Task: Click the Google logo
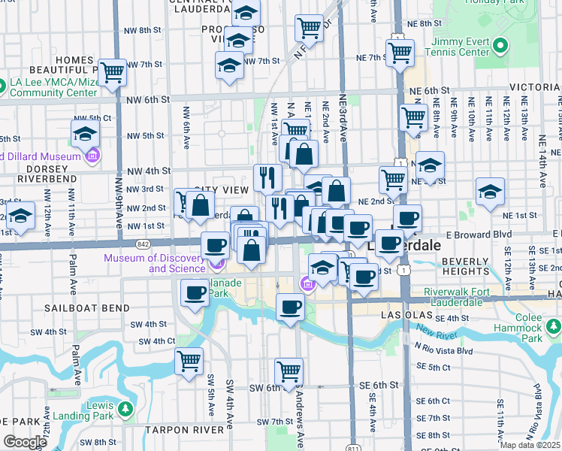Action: point(25,441)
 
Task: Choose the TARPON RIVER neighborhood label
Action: point(185,429)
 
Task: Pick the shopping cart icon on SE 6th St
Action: point(289,370)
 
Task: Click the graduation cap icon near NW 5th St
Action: point(86,135)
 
